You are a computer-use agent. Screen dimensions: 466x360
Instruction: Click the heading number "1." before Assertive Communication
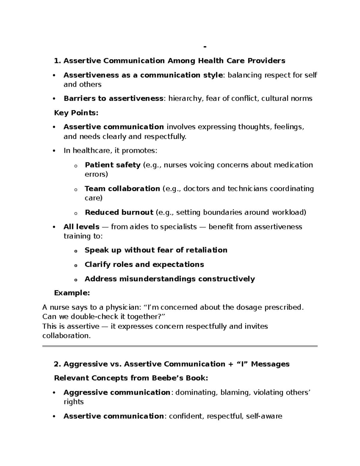click(x=57, y=61)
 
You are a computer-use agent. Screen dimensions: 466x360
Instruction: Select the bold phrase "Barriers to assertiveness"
click(x=113, y=98)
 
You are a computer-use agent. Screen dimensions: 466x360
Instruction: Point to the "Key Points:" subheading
click(x=76, y=113)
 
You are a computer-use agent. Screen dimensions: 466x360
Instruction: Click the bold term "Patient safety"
click(x=112, y=165)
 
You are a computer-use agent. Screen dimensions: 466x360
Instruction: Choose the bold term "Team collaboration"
click(x=122, y=188)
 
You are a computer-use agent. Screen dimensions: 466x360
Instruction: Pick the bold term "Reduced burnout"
click(x=119, y=212)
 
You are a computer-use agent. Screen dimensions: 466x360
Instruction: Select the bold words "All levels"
click(x=81, y=227)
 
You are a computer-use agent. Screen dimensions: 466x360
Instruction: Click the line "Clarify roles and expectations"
click(x=144, y=264)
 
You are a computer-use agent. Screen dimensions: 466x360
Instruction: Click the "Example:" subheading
click(x=72, y=293)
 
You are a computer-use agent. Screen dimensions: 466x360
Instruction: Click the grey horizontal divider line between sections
click(x=180, y=346)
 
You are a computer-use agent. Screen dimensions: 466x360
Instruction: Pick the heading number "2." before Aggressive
click(x=57, y=364)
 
